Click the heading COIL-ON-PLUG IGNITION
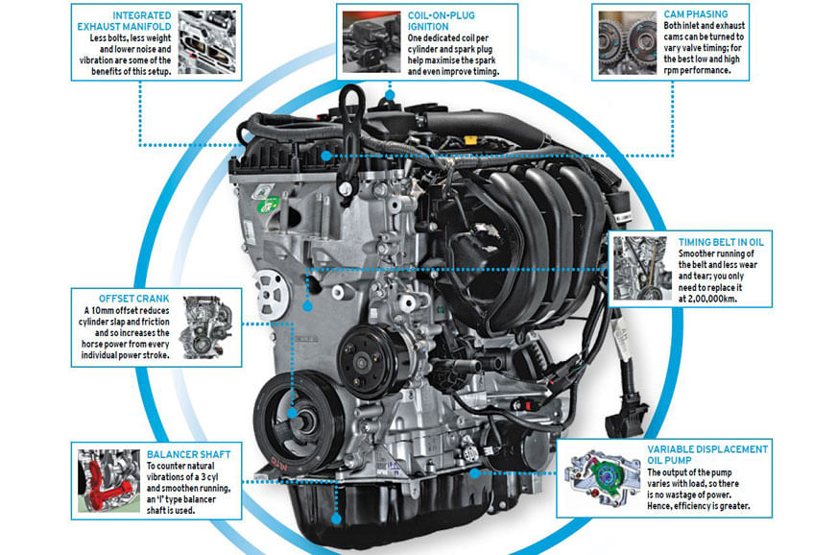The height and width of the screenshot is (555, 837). (x=441, y=21)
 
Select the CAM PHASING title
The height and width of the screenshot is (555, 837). (x=696, y=14)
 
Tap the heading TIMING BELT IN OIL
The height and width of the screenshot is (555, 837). (x=721, y=242)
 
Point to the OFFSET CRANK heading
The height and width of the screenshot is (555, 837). (x=133, y=299)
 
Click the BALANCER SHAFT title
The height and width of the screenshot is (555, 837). (x=188, y=454)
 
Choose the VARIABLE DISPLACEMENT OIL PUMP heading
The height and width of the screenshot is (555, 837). (x=707, y=454)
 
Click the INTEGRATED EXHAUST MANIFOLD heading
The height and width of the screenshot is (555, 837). (x=125, y=21)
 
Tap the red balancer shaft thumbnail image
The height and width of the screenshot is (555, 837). (x=108, y=481)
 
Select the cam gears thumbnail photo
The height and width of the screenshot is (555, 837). (x=627, y=43)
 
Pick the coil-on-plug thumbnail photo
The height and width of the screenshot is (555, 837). (x=371, y=41)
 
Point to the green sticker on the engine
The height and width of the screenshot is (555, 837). (x=269, y=205)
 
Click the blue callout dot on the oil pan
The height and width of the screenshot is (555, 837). (x=336, y=519)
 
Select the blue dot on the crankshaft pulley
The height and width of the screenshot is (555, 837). (x=292, y=413)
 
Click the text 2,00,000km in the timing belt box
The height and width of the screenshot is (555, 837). (x=707, y=299)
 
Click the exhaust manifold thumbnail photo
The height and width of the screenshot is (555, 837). (x=207, y=42)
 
